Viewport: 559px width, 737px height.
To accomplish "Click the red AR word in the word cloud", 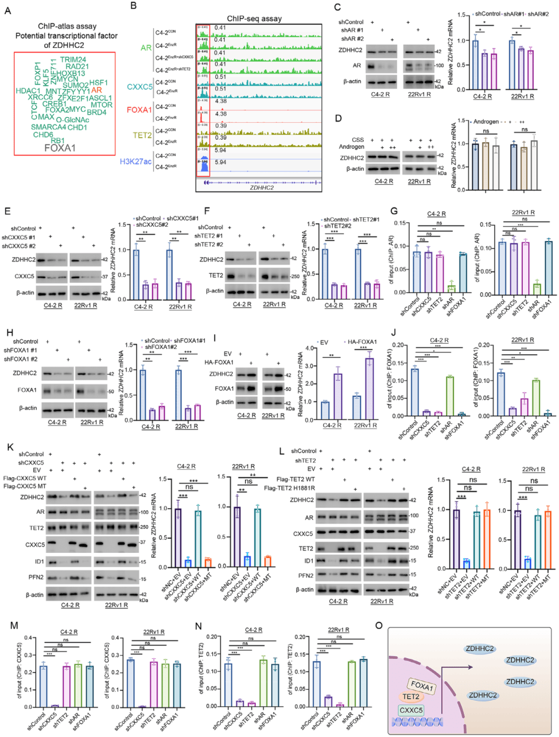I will point(97,90).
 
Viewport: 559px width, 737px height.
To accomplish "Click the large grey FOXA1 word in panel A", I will point(60,148).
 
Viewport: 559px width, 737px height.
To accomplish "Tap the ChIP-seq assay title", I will point(254,19).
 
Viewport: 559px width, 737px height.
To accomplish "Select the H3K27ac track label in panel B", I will point(136,161).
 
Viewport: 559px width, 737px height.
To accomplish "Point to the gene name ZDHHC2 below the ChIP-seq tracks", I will point(262,188).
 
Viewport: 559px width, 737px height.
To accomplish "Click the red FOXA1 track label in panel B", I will point(139,110).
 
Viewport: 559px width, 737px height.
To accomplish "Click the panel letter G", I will point(394,211).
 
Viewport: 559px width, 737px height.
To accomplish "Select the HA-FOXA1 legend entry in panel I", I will point(362,342).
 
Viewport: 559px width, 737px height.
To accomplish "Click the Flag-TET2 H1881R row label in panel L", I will point(289,488).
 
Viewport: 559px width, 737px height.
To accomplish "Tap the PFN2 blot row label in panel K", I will point(36,577).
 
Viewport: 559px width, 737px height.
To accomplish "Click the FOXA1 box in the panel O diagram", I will point(422,686).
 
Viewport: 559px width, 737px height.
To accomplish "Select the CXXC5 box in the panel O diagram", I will point(411,711).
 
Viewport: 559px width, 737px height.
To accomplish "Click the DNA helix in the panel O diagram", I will point(417,721).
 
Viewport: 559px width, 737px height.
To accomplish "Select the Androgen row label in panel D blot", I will point(351,147).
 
